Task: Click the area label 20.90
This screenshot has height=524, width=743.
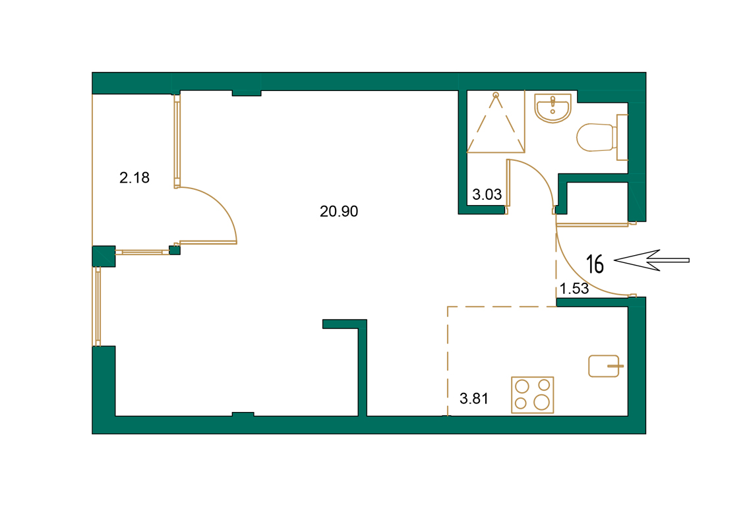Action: coord(338,212)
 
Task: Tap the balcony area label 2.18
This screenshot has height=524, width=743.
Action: coord(134,177)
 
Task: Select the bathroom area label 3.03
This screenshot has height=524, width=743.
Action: coord(487,194)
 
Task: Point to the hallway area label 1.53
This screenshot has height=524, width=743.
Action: coord(574,288)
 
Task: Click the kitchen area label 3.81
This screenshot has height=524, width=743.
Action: coord(473,398)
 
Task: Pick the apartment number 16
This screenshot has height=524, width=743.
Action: coord(595,264)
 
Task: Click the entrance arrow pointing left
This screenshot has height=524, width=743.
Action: coord(651,260)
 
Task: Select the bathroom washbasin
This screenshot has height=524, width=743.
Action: coord(552,108)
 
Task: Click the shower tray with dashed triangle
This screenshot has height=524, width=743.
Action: coord(495,123)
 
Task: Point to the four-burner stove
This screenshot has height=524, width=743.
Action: coord(532,395)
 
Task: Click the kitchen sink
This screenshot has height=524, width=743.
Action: coord(604,366)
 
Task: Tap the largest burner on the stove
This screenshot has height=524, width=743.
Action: coord(542,402)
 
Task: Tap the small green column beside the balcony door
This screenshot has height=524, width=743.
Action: coord(175,250)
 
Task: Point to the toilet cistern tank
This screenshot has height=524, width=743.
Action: coord(622,137)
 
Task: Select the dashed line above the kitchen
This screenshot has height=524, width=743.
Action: coord(501,306)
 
